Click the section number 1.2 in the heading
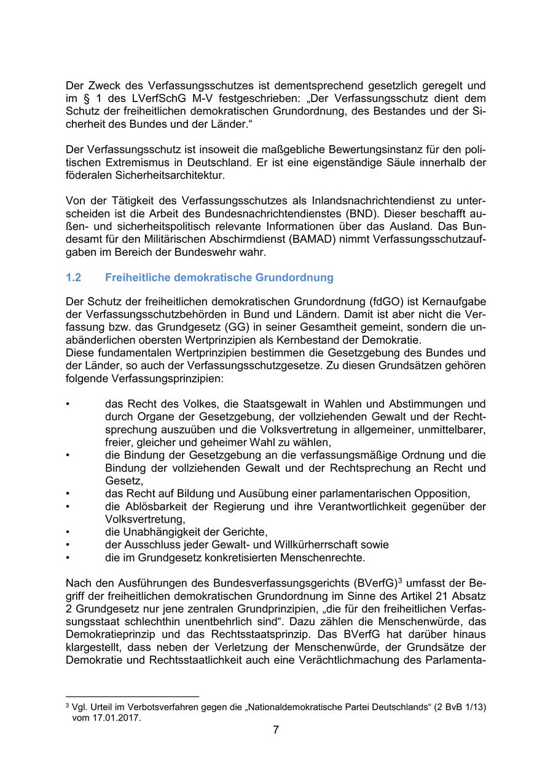coord(73,277)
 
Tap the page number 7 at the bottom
coord(276,730)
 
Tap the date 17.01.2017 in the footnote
coord(117,717)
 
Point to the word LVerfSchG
coord(138,98)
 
